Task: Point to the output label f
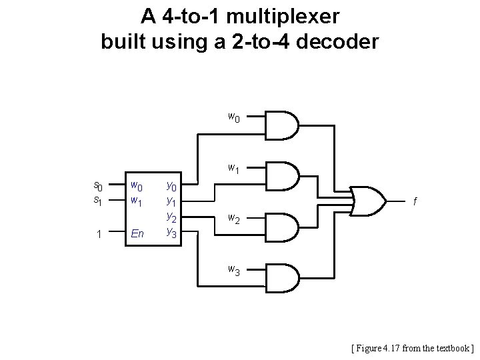coord(416,201)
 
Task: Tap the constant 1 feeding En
coord(98,233)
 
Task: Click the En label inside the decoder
coord(137,233)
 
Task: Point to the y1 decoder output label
coord(171,201)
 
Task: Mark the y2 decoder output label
coord(171,217)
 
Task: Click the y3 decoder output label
coord(171,233)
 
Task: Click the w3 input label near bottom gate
coord(234,269)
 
